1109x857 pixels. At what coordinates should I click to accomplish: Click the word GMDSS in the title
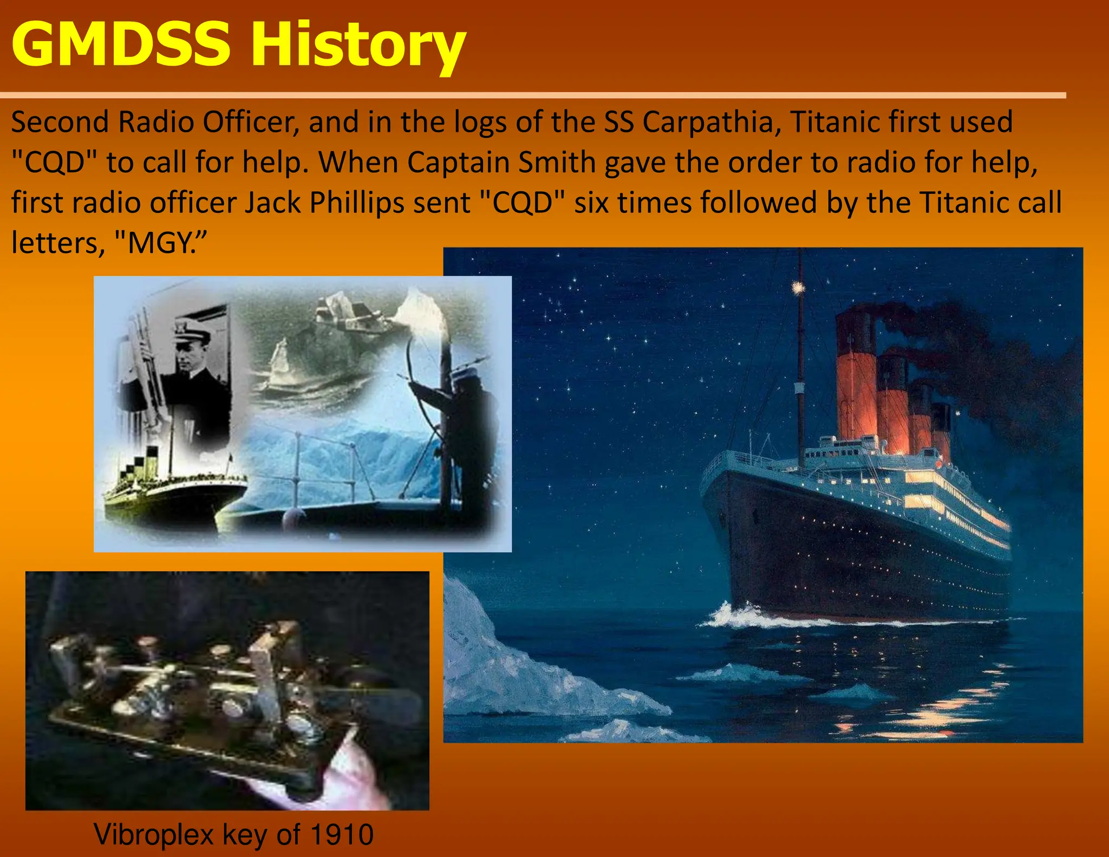(x=120, y=44)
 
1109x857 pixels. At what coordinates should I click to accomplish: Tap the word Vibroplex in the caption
(x=154, y=834)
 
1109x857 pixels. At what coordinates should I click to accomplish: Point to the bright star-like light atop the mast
(x=797, y=287)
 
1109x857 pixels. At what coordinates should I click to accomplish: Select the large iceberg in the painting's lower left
(x=504, y=666)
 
